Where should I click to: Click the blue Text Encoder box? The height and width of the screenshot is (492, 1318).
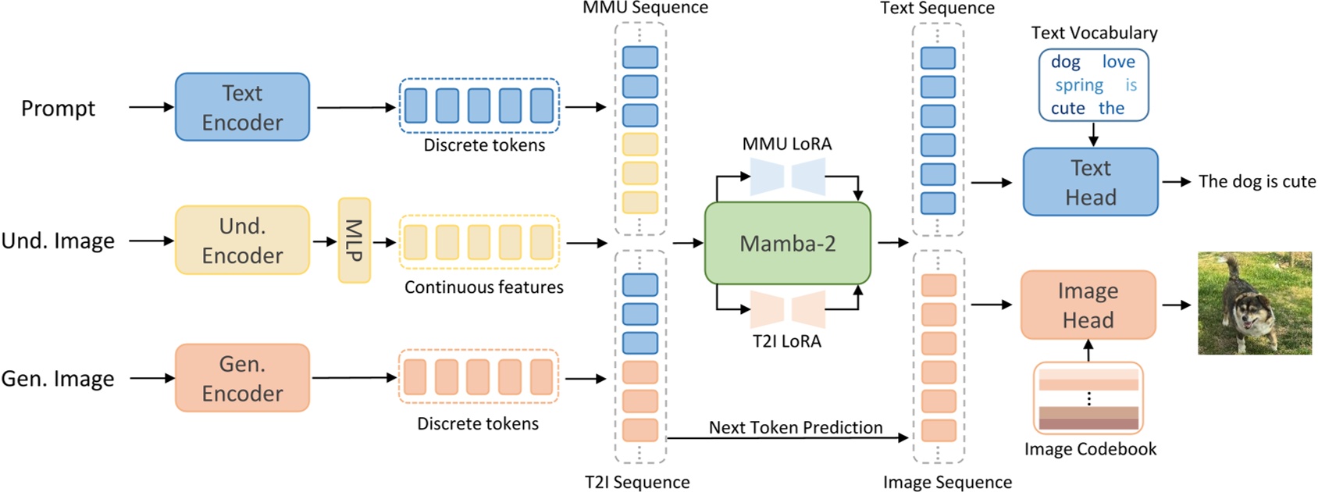coord(242,107)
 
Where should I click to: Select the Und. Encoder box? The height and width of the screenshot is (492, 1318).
coord(242,241)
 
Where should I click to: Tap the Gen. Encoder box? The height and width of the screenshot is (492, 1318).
coord(242,378)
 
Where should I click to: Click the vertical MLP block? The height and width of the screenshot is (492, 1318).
coord(354,241)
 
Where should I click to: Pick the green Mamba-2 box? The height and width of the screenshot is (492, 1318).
coord(787,244)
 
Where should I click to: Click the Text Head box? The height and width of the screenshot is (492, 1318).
coord(1090,182)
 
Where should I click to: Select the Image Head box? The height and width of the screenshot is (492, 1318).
coord(1088,305)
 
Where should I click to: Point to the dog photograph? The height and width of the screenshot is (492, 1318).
coord(1255,303)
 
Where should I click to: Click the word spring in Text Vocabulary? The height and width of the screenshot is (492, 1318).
coord(1079,85)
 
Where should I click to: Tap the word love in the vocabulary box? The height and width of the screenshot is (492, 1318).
coord(1118,62)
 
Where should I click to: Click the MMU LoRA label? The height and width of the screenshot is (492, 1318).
coord(787,144)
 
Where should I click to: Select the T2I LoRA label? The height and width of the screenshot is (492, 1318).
coord(787,341)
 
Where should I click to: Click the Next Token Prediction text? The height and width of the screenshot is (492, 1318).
coord(796,427)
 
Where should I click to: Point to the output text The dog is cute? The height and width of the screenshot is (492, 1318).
coord(1257,181)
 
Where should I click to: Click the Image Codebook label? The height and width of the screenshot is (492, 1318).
coord(1090,449)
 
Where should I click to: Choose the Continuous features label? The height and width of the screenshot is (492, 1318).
coord(483,287)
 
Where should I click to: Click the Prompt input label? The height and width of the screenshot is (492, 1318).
coord(58,108)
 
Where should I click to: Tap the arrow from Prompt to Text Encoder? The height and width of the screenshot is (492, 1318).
coord(151,107)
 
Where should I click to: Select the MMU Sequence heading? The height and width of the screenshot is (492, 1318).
coord(645,8)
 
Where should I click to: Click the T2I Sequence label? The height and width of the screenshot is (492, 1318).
coord(637,482)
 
